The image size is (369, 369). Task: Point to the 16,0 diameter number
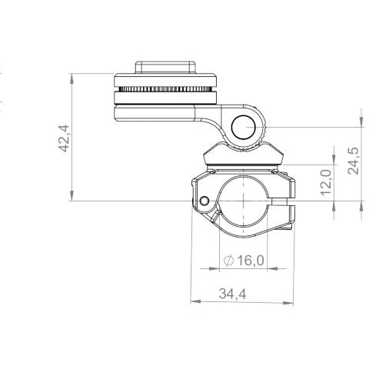pos(249,261)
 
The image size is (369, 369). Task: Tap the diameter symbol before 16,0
pos(227,261)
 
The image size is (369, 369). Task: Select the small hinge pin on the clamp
pos(203,201)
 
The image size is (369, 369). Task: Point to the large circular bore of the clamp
pos(242,201)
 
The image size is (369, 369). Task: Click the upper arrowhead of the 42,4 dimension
pos(71,77)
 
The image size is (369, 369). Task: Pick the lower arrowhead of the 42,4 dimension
pos(71,198)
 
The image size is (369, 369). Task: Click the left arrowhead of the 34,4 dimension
pos(193,301)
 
